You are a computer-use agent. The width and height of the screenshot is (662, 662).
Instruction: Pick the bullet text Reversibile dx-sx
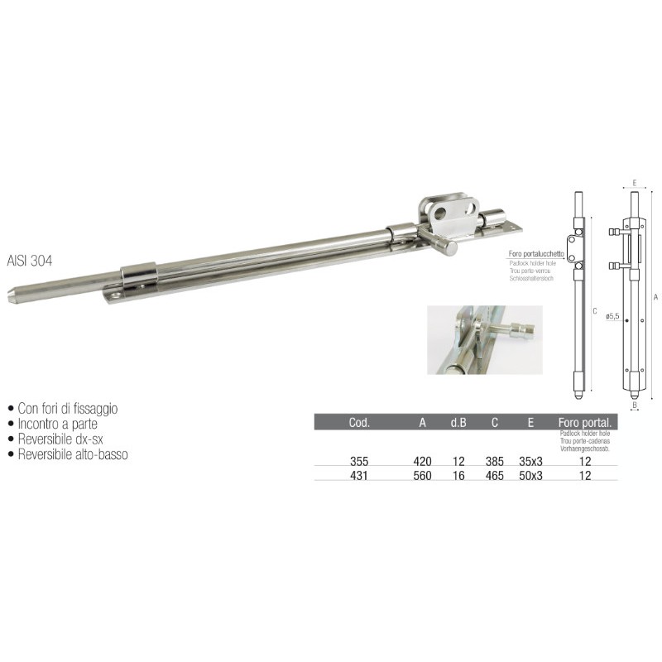tap(63, 439)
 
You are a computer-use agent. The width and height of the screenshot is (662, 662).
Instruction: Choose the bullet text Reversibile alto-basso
tap(73, 454)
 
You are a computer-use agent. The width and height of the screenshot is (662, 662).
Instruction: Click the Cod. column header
tap(359, 422)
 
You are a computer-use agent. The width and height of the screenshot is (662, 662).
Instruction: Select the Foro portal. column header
tap(583, 422)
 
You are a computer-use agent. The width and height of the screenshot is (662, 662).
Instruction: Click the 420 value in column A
tap(422, 461)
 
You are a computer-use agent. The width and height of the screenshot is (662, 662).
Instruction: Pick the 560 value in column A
tap(422, 476)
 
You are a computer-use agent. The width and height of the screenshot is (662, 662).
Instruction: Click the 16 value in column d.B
tap(458, 476)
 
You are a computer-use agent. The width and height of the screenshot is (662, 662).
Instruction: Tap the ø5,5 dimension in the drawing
tap(613, 315)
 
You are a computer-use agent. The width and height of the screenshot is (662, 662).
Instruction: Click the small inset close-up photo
tap(484, 339)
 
